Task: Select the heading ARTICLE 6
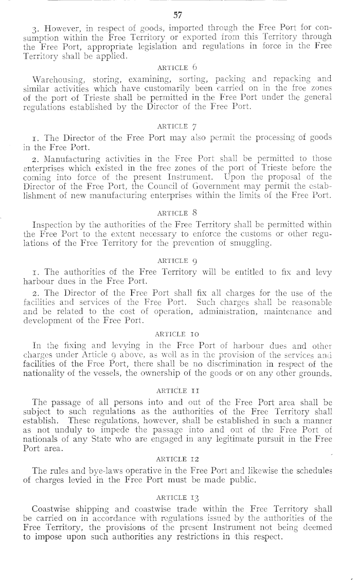tap(179, 67)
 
